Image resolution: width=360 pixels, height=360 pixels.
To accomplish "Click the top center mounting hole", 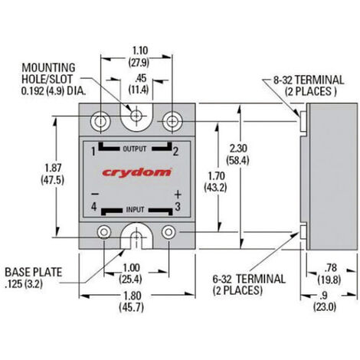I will (136, 117).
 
